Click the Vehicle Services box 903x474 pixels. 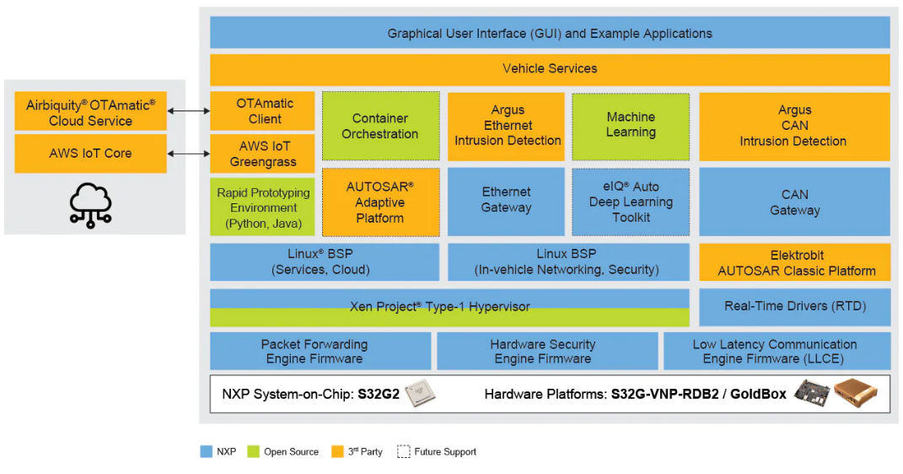(x=550, y=69)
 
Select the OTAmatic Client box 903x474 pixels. (x=264, y=110)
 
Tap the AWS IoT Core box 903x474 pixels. (x=90, y=154)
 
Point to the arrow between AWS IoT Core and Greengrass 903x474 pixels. (x=189, y=154)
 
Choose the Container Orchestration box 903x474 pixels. (x=380, y=126)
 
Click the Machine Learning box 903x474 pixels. (x=631, y=125)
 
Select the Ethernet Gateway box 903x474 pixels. (x=506, y=201)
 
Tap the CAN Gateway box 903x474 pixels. (x=794, y=202)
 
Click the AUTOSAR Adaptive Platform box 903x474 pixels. (x=380, y=202)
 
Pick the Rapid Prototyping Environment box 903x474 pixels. (x=263, y=207)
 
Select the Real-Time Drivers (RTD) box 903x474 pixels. (x=794, y=306)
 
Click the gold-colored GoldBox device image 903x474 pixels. (x=856, y=393)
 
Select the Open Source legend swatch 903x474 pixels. (x=252, y=452)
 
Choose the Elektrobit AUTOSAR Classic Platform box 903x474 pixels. (x=794, y=262)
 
